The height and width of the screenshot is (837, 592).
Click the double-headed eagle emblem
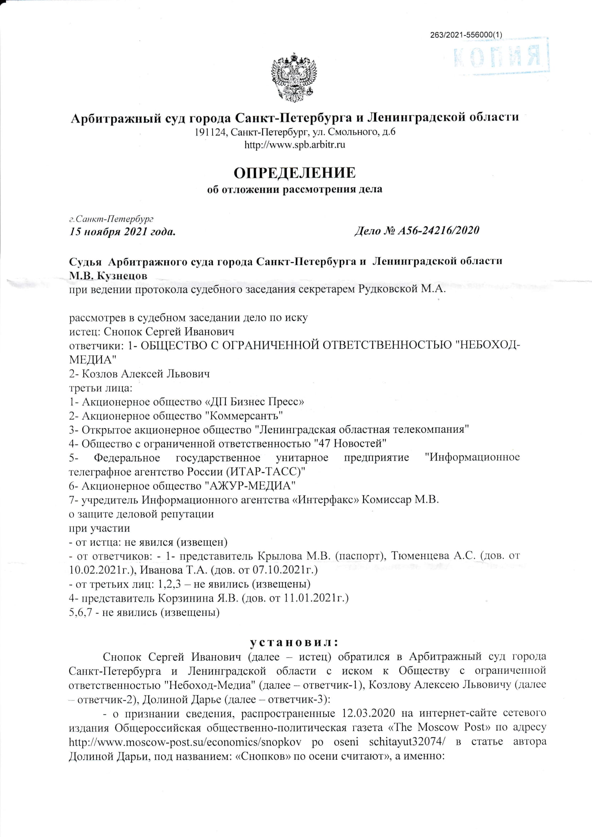[x=294, y=77]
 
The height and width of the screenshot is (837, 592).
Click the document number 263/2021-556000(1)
[x=466, y=35]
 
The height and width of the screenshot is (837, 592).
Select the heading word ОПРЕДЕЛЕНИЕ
[x=295, y=173]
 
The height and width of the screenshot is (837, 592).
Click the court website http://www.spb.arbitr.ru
[x=295, y=145]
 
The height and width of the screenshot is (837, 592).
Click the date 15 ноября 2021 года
[x=122, y=232]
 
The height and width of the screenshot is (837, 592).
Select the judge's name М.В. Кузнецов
[x=108, y=275]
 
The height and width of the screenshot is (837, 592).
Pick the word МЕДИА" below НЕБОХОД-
[x=93, y=360]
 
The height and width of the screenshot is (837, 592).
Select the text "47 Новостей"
[x=350, y=444]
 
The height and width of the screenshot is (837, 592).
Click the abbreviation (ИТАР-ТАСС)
[x=266, y=471]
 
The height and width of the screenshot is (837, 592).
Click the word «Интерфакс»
[x=325, y=499]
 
